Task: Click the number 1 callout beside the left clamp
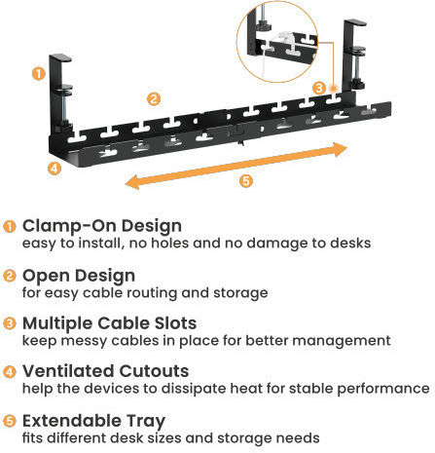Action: [x=39, y=74]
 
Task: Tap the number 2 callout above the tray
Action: [x=154, y=98]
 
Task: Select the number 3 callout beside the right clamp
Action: [x=319, y=88]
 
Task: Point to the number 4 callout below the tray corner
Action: [x=54, y=169]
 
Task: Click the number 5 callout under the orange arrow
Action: [x=246, y=180]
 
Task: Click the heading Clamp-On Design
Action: [x=102, y=226]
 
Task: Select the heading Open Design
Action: [x=79, y=276]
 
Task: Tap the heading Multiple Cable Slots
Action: [x=110, y=323]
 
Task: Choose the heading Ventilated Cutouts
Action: [x=106, y=371]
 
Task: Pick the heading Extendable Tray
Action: [x=94, y=421]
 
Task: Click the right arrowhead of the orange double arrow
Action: [x=340, y=149]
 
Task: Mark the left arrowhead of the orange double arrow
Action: [x=133, y=182]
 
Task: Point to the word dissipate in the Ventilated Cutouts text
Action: [x=213, y=389]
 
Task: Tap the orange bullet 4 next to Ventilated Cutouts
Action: [x=10, y=371]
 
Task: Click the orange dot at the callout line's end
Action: [x=334, y=89]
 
